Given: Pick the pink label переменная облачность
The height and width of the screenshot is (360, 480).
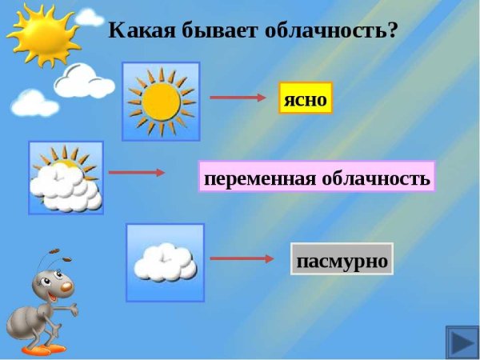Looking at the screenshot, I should click(317, 177).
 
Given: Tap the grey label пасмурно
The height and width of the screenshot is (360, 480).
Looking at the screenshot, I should click(342, 259).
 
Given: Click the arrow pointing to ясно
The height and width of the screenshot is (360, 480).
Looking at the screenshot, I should click(237, 98).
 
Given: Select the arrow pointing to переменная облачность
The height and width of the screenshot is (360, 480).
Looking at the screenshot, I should click(136, 172).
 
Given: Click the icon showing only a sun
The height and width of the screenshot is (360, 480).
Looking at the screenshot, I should click(161, 100).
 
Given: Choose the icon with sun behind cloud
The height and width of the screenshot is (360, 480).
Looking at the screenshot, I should click(66, 178).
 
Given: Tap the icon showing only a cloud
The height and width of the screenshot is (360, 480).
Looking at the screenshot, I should click(165, 262).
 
